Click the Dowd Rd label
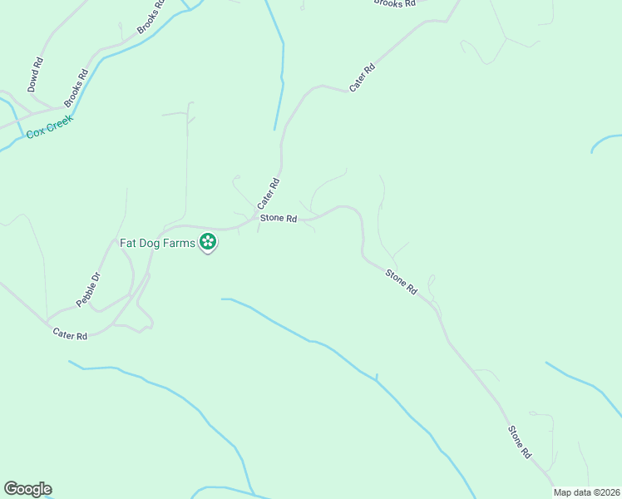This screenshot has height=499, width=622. (x=35, y=74)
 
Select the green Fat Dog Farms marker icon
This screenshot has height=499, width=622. (x=208, y=243)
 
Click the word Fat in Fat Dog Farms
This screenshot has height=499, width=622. (x=128, y=244)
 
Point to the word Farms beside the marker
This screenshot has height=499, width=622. (x=180, y=244)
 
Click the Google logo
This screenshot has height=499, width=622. (x=27, y=489)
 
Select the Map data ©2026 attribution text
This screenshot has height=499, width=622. (x=586, y=492)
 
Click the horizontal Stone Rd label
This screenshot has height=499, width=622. (x=279, y=219)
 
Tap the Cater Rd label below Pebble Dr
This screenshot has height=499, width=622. (x=70, y=335)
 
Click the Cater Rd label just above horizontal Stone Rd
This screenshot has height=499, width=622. (x=268, y=194)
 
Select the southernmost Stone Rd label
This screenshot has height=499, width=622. (x=520, y=442)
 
